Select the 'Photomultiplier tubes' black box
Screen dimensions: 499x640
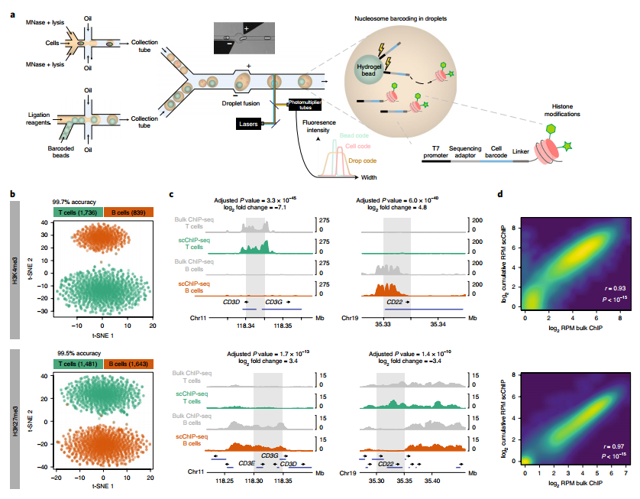pos(305,107)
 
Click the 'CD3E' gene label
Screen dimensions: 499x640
pos(246,463)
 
